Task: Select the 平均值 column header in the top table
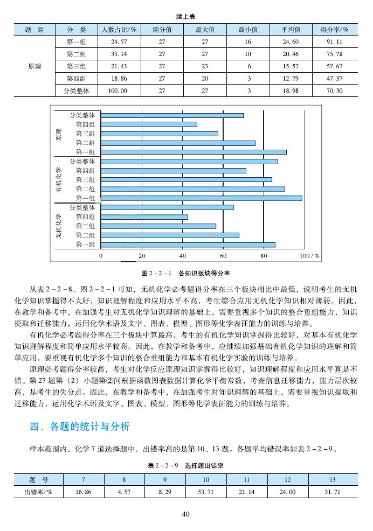pyautogui.click(x=291, y=29)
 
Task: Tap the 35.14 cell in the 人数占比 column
pyautogui.click(x=118, y=54)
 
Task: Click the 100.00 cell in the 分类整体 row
pyautogui.click(x=118, y=91)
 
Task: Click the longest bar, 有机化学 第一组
pyautogui.click(x=201, y=198)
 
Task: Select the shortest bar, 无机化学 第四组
pyautogui.click(x=144, y=217)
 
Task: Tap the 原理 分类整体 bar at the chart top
pyautogui.click(x=172, y=115)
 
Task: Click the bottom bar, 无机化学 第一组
pyautogui.click(x=188, y=244)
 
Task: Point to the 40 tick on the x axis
pyautogui.click(x=183, y=256)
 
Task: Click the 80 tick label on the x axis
pyautogui.click(x=264, y=256)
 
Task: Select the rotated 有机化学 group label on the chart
pyautogui.click(x=58, y=180)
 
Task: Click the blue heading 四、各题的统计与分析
pyautogui.click(x=80, y=427)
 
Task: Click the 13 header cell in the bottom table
pyautogui.click(x=333, y=479)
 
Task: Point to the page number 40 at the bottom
pyautogui.click(x=186, y=514)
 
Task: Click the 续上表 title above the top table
pyautogui.click(x=186, y=16)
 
